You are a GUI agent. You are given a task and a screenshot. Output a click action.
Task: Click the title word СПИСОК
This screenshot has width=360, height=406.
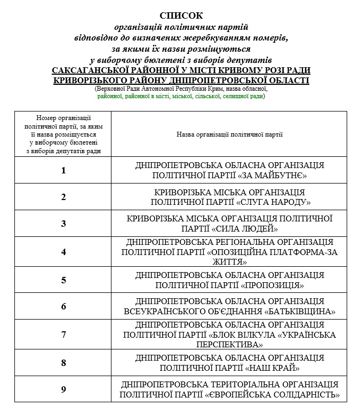[181, 15]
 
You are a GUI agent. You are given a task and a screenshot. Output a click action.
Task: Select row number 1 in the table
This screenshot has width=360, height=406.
[63, 171]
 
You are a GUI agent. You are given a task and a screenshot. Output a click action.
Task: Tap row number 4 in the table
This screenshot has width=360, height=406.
[63, 252]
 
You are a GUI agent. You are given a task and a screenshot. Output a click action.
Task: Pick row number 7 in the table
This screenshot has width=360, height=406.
[63, 335]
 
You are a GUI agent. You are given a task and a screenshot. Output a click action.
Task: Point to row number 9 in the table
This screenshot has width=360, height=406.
[63, 389]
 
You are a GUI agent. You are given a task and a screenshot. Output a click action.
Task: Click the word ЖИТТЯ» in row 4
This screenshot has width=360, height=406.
[230, 262]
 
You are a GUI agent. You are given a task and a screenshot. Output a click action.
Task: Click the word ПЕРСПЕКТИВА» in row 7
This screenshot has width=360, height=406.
[230, 345]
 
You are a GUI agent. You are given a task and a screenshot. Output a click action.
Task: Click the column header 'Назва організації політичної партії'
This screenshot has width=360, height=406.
[230, 134]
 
